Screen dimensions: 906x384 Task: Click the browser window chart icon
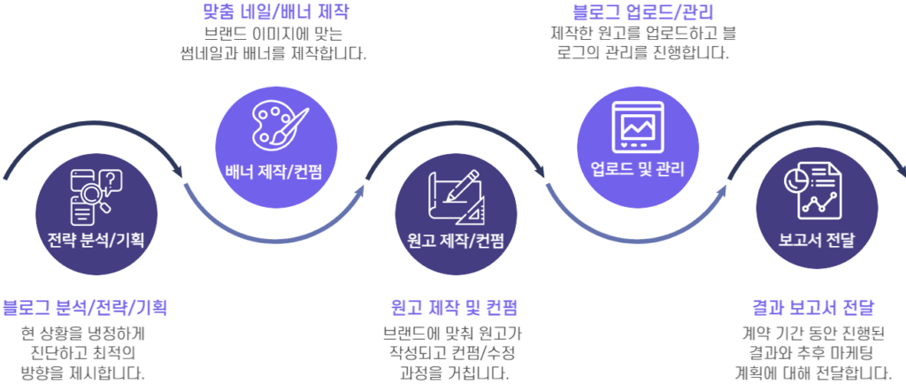click(638, 127)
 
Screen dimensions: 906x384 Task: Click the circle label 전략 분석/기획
click(96, 239)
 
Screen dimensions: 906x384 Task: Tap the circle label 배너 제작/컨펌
click(274, 171)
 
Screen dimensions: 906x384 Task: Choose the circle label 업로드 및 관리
click(637, 170)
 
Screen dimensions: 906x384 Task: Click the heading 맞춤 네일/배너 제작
click(276, 11)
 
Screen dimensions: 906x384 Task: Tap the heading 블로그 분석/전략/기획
click(85, 308)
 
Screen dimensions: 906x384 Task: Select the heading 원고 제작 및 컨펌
click(454, 308)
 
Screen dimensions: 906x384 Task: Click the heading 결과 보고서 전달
click(815, 307)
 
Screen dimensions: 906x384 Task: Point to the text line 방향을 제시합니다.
click(82, 372)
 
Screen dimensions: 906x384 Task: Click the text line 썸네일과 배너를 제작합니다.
click(274, 54)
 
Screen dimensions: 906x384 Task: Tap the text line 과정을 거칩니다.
click(454, 372)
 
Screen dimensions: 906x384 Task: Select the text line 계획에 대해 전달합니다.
click(815, 371)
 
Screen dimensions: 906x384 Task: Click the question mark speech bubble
click(111, 180)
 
